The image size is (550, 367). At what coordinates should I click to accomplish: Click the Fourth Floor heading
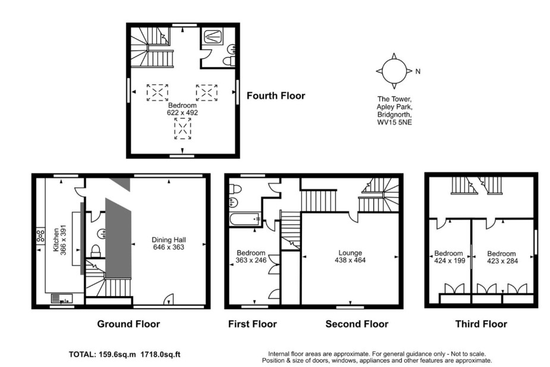click(276, 96)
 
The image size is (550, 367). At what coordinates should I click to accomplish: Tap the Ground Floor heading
click(128, 324)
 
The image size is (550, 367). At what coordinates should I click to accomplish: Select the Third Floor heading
click(481, 324)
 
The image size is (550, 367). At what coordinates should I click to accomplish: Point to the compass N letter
click(418, 71)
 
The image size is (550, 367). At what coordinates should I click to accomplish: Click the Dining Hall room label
click(169, 240)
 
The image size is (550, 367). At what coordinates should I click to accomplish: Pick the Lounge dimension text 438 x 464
click(350, 261)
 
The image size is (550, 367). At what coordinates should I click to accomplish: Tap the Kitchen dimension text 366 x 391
click(63, 240)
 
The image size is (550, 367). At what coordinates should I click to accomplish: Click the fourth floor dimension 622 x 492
click(183, 112)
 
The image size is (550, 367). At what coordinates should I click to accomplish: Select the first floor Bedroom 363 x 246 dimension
click(251, 261)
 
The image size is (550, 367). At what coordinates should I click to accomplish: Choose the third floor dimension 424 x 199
click(450, 261)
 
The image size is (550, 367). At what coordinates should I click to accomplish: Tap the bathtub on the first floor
click(245, 219)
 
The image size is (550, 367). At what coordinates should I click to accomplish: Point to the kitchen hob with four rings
click(40, 236)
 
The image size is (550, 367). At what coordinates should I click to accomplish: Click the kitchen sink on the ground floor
click(62, 299)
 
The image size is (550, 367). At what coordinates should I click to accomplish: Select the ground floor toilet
click(95, 251)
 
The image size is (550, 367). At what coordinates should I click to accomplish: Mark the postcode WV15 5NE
click(394, 123)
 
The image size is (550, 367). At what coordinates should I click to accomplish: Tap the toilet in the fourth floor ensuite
click(230, 61)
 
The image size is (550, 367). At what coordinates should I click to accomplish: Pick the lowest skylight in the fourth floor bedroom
click(183, 128)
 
